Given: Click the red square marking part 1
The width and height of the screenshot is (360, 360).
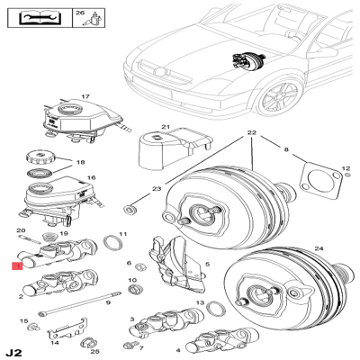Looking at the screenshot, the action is click(17, 265).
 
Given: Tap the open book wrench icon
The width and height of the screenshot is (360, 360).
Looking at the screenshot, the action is click(40, 18).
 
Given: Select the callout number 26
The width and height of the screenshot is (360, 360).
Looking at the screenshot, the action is click(80, 13).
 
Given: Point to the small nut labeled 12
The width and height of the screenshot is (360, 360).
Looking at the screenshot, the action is click(347, 175).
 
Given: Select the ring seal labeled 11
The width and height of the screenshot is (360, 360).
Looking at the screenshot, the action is click(112, 242).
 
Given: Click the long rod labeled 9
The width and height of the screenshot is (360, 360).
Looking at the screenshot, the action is click(80, 303).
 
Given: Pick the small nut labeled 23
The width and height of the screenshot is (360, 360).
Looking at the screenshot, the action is click(130, 209).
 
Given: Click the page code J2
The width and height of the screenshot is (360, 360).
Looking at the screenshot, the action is click(14, 352).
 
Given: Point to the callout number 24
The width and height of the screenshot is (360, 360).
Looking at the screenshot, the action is click(319, 248).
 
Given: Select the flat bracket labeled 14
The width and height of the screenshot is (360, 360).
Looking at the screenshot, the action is click(67, 328).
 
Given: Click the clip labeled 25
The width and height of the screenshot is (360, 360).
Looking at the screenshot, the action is click(86, 342).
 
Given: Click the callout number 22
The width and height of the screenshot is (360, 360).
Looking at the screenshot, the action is click(252, 132).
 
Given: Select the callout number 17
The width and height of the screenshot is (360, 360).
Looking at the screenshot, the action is click(85, 96).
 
